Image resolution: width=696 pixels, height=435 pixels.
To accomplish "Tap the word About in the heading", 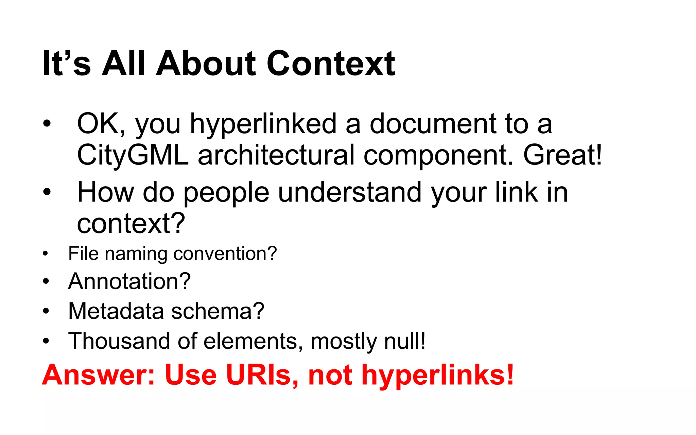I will click(x=206, y=64).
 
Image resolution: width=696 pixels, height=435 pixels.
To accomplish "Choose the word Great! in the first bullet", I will click(x=562, y=155).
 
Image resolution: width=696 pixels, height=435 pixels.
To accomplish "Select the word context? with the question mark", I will click(x=131, y=224).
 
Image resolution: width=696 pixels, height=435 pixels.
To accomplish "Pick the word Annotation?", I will click(x=129, y=281).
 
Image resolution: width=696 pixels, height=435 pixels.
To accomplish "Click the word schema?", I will click(x=217, y=311).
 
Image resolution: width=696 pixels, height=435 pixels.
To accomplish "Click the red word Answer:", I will click(x=99, y=375).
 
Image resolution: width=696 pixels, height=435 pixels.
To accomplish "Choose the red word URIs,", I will click(x=262, y=375).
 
